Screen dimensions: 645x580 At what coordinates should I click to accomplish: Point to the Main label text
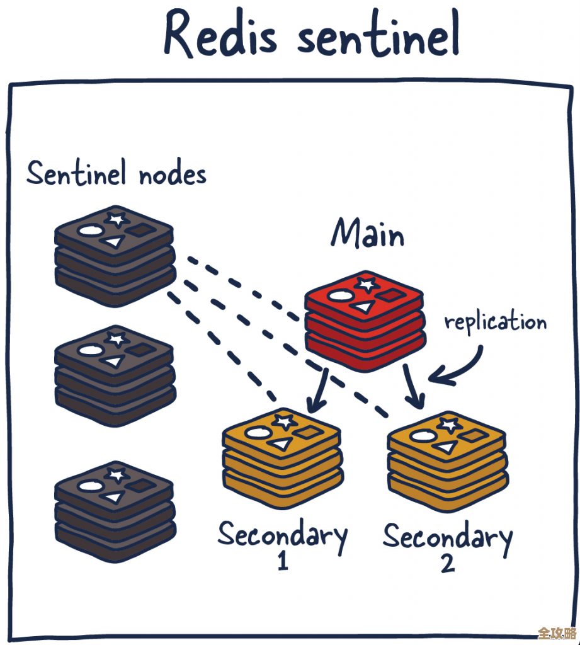point(368,234)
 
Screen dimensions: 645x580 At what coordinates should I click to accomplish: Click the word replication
point(496,323)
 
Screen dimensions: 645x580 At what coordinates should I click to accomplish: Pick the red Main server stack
point(364,321)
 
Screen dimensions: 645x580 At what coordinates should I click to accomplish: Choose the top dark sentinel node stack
point(114,255)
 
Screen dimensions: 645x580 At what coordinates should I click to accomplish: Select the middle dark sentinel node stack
point(115,375)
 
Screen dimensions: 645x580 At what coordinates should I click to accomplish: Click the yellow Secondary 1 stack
point(281,459)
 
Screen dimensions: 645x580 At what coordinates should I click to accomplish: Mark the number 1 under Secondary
point(283,562)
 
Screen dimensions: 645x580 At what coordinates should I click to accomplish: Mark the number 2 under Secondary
point(447,562)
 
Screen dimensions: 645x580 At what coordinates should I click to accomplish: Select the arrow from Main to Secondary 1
point(317,389)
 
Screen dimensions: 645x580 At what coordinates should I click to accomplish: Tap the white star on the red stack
point(365,283)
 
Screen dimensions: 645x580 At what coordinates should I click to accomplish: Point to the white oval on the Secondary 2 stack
point(421,435)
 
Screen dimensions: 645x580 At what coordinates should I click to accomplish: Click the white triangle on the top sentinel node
point(114,242)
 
